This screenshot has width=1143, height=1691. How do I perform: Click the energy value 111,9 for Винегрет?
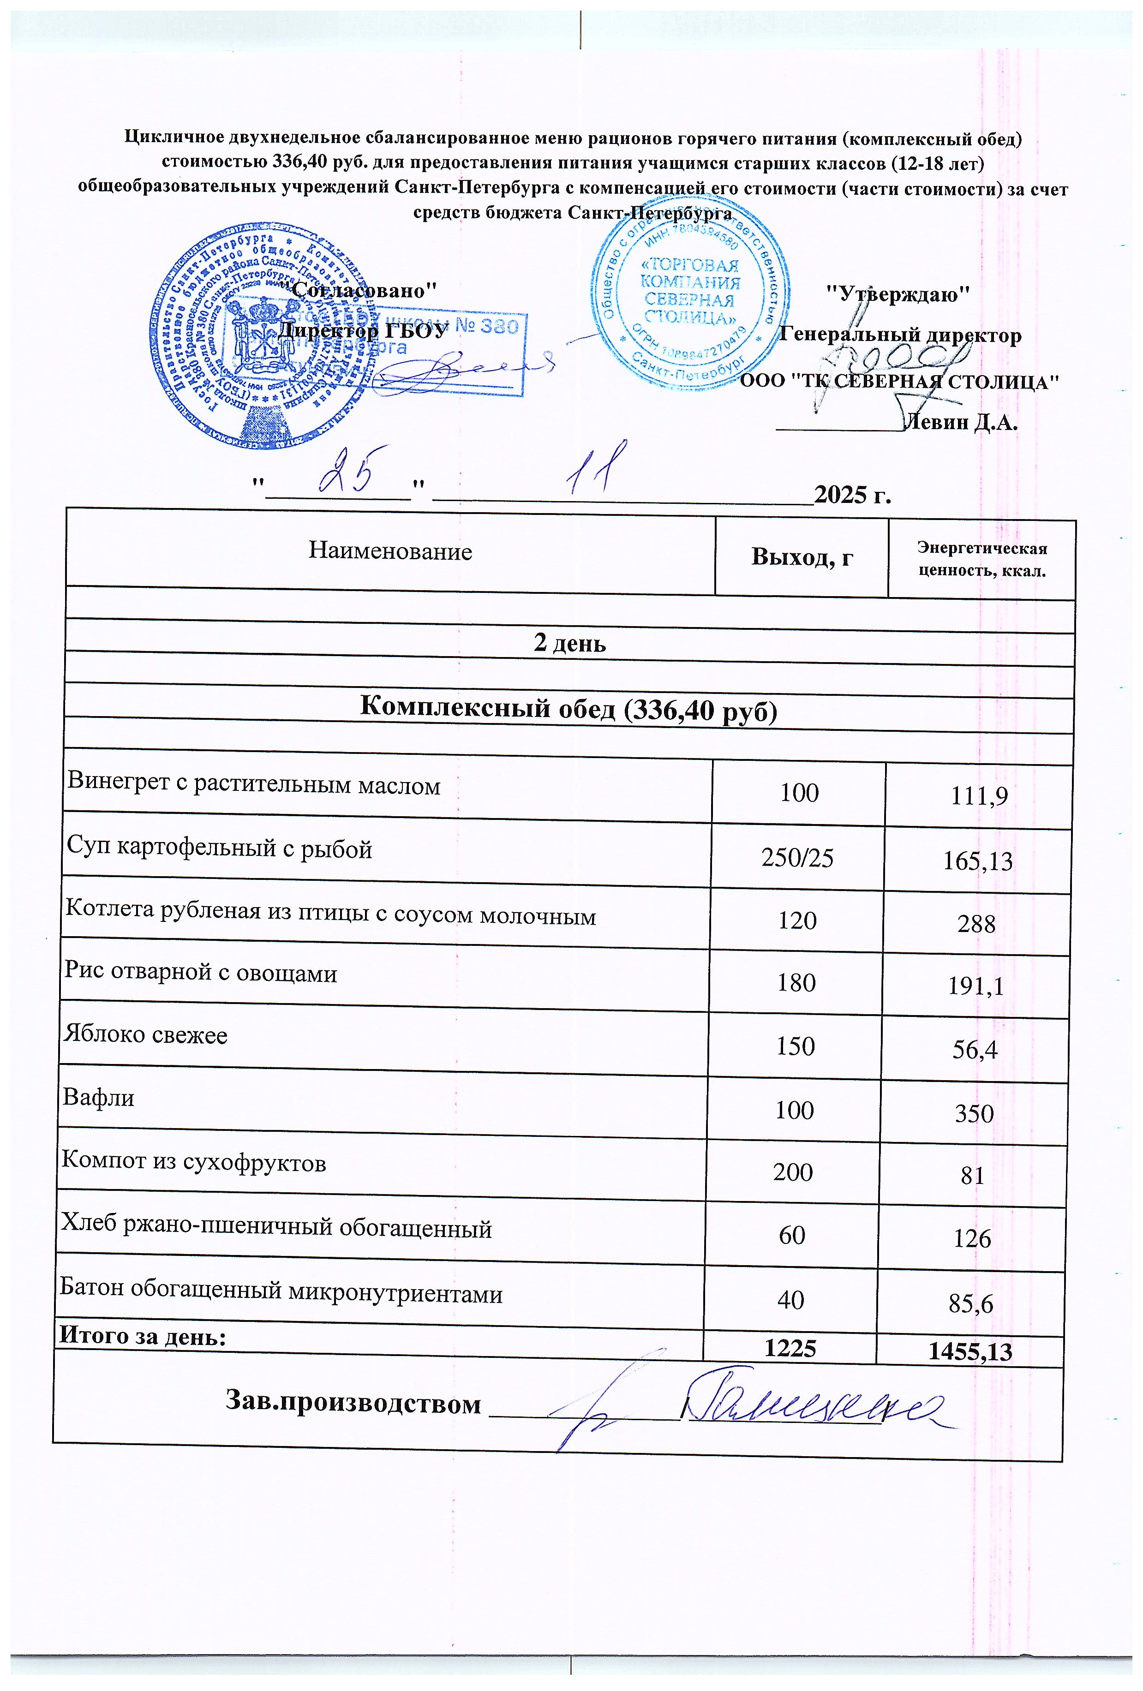979,797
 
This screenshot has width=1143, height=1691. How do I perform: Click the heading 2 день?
570,643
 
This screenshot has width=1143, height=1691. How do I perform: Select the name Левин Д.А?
958,423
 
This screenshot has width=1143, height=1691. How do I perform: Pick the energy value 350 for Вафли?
974,1113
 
